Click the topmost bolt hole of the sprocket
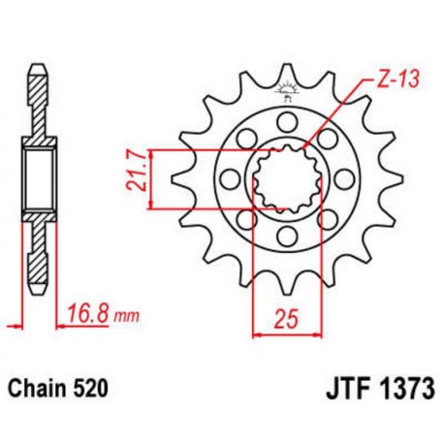point(286,119)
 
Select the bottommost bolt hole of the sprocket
point(286,236)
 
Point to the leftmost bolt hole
point(229,177)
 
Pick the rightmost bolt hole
point(344,177)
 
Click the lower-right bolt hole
point(328,219)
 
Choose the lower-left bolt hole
point(245,219)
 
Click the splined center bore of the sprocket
point(286,177)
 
